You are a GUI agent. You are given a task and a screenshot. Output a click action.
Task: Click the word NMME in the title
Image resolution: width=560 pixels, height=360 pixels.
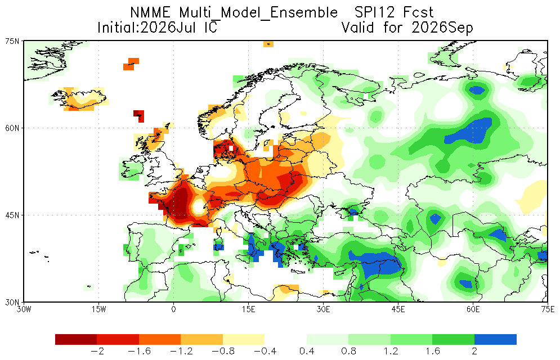(151, 13)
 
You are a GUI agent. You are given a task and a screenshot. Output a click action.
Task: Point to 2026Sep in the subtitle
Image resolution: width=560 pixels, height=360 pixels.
(442, 28)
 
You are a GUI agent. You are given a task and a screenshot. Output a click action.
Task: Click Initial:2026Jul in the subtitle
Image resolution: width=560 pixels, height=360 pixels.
(146, 28)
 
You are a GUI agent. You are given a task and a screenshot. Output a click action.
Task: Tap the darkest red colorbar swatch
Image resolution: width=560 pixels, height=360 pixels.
(76, 339)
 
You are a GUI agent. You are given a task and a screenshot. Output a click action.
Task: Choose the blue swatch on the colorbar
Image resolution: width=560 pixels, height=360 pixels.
(495, 339)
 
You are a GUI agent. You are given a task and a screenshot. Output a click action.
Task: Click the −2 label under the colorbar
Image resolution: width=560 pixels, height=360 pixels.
(97, 352)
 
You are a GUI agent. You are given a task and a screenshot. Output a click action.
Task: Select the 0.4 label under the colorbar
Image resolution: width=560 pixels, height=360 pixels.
(306, 352)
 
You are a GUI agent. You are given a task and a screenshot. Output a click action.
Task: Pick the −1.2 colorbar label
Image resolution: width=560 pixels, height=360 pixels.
(181, 352)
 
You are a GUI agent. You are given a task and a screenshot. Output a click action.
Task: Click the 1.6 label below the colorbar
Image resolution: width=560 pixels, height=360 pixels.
(432, 352)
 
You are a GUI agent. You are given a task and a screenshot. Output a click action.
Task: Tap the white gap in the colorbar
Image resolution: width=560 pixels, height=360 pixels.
(286, 339)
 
